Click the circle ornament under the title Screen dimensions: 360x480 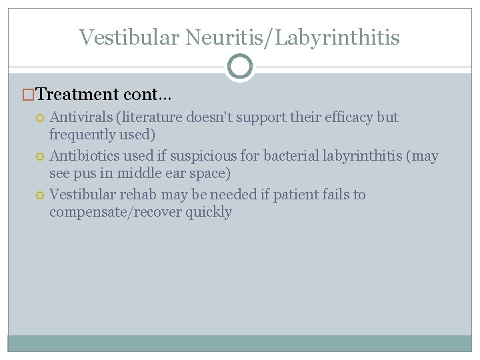click(x=239, y=67)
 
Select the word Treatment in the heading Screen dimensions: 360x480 click(x=75, y=95)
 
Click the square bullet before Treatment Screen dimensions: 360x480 click(x=27, y=95)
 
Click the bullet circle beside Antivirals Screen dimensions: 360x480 click(x=40, y=118)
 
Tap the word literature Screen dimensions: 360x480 click(x=151, y=117)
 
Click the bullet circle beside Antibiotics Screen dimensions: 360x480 click(x=40, y=157)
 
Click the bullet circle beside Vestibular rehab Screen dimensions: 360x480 click(x=40, y=195)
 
